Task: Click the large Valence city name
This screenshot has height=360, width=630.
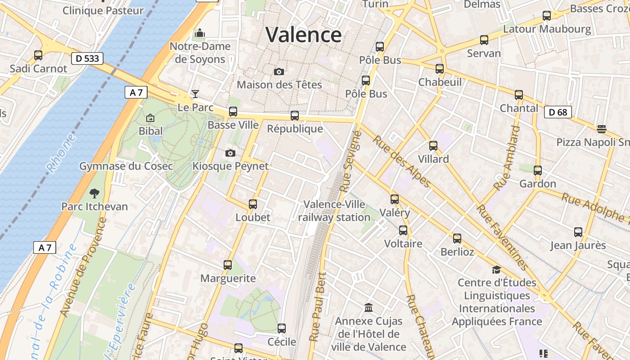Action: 303,35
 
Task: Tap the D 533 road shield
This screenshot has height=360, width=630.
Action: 87,58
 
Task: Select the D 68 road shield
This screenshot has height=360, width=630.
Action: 558,112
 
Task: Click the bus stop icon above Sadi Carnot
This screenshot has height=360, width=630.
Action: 38,55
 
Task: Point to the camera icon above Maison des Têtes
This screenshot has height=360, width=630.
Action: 279,72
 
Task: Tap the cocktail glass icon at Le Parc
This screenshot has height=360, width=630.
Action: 195,94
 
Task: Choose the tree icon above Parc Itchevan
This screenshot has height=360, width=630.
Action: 94,193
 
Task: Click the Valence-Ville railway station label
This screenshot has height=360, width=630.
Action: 334,211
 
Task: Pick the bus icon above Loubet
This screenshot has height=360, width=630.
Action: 253,204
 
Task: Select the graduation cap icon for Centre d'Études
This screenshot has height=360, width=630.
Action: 496,270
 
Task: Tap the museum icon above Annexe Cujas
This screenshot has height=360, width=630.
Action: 369,308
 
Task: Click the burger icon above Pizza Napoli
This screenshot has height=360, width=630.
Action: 602,129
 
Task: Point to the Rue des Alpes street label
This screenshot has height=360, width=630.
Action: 401,161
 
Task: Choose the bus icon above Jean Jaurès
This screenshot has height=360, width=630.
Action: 578,232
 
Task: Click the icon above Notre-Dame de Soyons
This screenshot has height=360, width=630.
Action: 199,33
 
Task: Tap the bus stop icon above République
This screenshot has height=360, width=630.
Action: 295,116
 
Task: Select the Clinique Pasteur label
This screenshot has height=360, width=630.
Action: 103,10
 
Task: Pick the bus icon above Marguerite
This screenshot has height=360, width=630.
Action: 228,265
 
